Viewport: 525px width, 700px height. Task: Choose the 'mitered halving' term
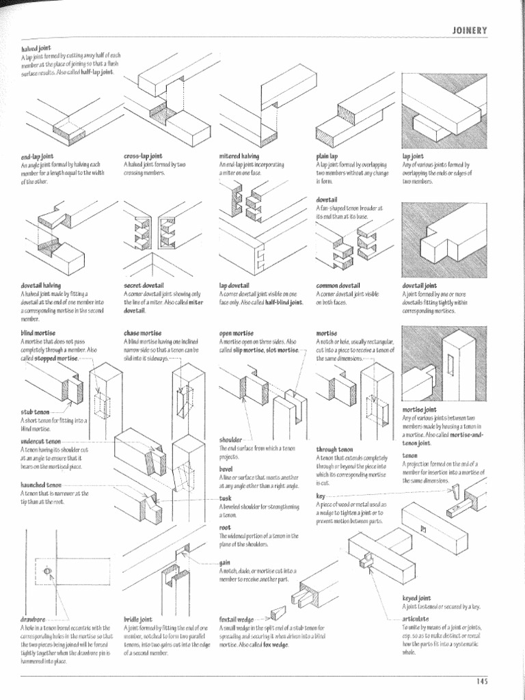pyautogui.click(x=239, y=157)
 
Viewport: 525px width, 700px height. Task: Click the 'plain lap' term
pyautogui.click(x=327, y=157)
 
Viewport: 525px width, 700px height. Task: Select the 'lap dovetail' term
pyautogui.click(x=234, y=285)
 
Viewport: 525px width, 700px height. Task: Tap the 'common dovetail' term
pyautogui.click(x=338, y=285)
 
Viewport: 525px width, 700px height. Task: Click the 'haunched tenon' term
pyautogui.click(x=42, y=485)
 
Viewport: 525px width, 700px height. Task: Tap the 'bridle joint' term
pyautogui.click(x=138, y=619)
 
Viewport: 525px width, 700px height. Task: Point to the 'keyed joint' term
pyautogui.click(x=416, y=597)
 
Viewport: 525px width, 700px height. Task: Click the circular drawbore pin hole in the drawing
pyautogui.click(x=46, y=571)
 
